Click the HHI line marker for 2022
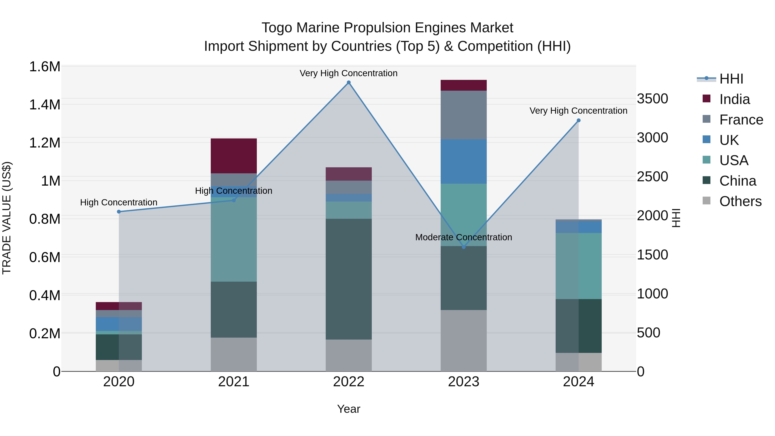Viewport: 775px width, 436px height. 349,82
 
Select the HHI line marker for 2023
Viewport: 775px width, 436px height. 464,247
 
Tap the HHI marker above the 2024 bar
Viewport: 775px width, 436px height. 578,120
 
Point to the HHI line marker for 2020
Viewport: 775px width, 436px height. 119,211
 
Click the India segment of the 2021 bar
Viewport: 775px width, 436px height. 234,156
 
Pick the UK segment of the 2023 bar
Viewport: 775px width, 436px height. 464,161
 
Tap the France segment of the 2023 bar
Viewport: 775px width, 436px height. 464,115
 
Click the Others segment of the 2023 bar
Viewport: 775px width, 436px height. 464,340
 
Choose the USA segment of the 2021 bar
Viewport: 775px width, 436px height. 234,239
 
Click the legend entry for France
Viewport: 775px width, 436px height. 741,120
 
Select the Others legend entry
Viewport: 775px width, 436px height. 740,201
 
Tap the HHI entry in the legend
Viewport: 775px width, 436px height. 731,79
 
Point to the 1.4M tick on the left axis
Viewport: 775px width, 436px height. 45,105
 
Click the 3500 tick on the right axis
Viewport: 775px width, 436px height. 653,99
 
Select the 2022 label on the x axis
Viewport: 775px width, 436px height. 349,382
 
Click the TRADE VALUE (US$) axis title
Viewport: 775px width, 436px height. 7,218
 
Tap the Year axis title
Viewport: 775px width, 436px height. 349,409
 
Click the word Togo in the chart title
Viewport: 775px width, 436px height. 277,28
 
